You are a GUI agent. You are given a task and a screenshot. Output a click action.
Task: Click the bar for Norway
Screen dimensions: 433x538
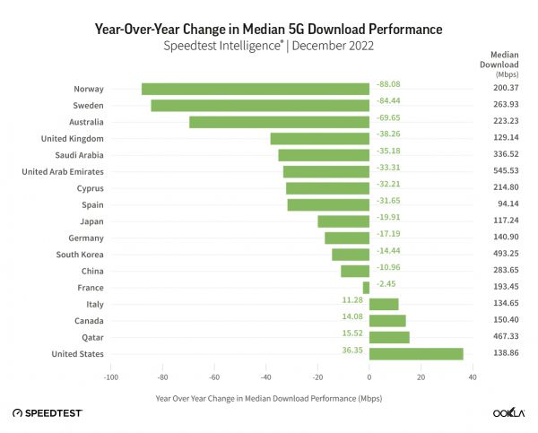(256, 89)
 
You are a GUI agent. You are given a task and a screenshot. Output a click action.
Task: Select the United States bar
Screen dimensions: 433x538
(416, 354)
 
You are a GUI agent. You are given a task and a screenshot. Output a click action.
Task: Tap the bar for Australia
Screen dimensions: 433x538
(279, 122)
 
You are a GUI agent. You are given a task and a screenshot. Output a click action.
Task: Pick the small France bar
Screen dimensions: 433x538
(366, 288)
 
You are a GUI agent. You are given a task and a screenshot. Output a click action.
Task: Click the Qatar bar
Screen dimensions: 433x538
(389, 337)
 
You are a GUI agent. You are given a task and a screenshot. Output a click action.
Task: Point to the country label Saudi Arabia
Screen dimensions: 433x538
(79, 155)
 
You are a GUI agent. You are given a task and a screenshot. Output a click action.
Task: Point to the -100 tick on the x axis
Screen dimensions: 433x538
(110, 377)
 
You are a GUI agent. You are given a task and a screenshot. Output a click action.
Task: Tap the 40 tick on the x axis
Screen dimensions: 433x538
(472, 377)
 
